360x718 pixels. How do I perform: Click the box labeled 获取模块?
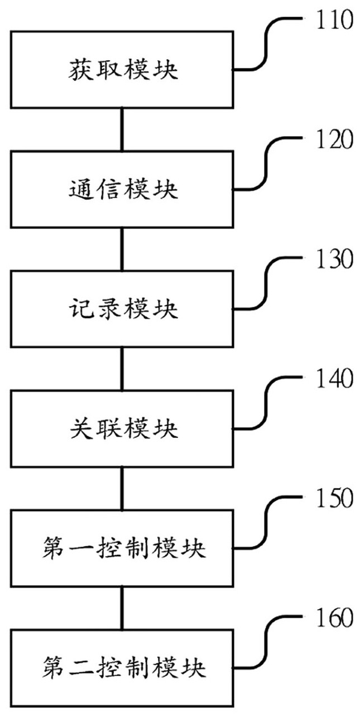point(122,70)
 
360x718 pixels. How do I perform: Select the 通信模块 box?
point(122,190)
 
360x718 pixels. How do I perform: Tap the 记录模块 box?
point(122,309)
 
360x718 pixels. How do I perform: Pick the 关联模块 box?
point(122,429)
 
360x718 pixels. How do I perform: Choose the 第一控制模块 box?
point(122,548)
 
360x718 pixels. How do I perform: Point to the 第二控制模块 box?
point(122,668)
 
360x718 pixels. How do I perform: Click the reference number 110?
point(334,20)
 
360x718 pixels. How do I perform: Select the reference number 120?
point(334,139)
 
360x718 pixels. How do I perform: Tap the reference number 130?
point(334,259)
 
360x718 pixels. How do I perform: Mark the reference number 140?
point(334,379)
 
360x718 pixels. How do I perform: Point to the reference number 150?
point(334,498)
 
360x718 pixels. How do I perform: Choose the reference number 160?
point(334,618)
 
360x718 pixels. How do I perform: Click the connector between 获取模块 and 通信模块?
point(122,130)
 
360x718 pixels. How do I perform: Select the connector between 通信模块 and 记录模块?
point(122,249)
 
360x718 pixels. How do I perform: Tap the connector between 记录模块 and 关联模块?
point(122,369)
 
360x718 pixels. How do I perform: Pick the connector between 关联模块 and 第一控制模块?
point(122,489)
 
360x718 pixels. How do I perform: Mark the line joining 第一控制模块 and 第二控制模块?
point(122,609)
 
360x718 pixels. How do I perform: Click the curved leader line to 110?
point(266,45)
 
